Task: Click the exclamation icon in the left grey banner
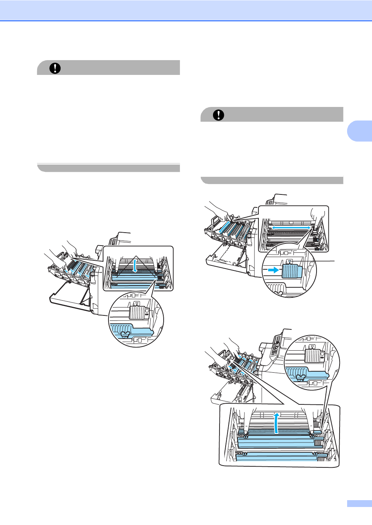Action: pos(55,68)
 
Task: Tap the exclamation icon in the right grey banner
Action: pos(218,115)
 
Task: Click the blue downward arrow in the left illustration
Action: pos(135,266)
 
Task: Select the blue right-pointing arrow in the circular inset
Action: pos(274,270)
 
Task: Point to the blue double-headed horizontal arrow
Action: pos(291,228)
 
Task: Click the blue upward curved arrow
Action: pos(276,423)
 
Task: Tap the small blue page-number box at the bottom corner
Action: pos(359,503)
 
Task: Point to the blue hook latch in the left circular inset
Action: pos(125,334)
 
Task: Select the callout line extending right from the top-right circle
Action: pos(325,260)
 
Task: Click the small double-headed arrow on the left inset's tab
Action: pos(147,314)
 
